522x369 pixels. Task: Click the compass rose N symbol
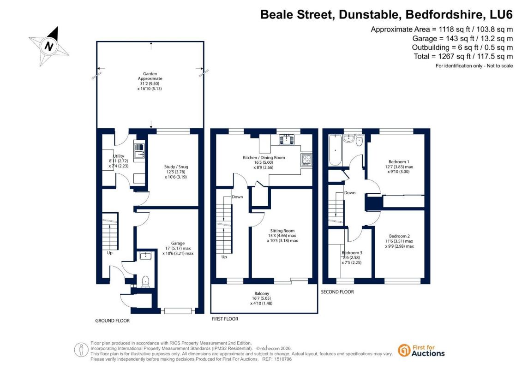coord(49,46)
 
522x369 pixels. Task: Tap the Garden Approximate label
coord(150,76)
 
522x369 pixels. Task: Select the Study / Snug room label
coord(176,167)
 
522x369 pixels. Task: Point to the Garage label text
coord(178,243)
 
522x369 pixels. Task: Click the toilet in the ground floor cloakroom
coord(145,281)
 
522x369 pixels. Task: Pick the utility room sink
coord(139,150)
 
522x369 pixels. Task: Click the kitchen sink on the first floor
coord(287,139)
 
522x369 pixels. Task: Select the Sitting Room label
coord(282,231)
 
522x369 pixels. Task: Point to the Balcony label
coord(262,293)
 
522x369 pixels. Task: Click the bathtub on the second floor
coord(335,150)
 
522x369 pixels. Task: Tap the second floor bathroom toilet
coord(359,141)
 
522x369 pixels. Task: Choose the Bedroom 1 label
coord(399,162)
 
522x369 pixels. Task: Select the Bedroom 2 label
coord(400,236)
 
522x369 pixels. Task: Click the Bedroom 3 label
coord(352,253)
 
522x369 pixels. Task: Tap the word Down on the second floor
coord(350,193)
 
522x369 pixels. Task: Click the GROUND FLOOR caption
coord(113,321)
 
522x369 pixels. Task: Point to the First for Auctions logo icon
coord(404,351)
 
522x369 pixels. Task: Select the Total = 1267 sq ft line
coord(463,57)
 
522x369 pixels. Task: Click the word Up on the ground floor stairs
coord(110,253)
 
